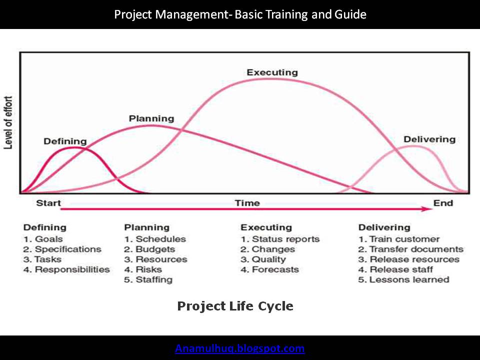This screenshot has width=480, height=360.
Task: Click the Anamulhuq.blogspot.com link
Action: coord(240,348)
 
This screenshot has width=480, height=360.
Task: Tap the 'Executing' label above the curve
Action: coord(272,72)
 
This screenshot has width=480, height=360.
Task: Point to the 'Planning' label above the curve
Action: coord(151,118)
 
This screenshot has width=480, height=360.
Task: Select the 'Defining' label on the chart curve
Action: coord(65,141)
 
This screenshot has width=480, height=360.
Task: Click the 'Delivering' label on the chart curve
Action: coord(429,139)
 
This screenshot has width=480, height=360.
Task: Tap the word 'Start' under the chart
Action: coord(48,203)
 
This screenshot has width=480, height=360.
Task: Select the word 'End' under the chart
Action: coord(443,202)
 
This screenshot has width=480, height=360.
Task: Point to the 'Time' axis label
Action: coord(247,203)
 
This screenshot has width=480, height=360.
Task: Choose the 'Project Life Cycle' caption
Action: coord(235,305)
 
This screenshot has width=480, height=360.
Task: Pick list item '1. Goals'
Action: coord(43,239)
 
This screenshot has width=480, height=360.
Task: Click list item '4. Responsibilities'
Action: coord(66,269)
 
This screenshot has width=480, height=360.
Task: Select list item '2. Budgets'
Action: coord(149,249)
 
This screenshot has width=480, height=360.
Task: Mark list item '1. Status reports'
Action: coord(279,239)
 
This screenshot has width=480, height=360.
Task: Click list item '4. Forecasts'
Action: coord(269,269)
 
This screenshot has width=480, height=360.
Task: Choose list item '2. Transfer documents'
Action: coord(410,249)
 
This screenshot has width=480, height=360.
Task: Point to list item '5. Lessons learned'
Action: coord(403,279)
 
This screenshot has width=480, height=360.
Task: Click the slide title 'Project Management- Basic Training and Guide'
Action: coord(240,14)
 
